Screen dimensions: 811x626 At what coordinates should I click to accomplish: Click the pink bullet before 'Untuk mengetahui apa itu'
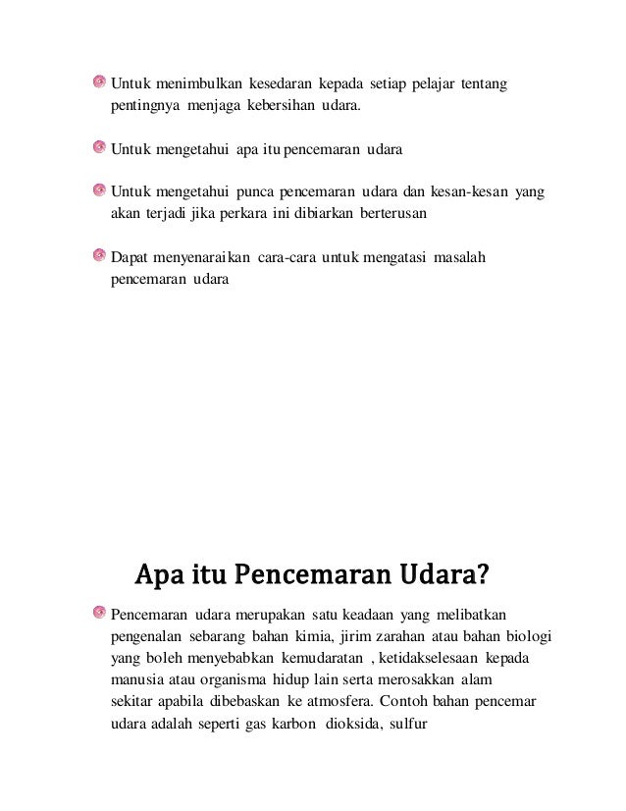(x=99, y=148)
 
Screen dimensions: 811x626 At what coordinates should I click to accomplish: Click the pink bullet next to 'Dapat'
(x=99, y=256)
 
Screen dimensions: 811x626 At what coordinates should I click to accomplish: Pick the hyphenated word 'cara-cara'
(x=287, y=258)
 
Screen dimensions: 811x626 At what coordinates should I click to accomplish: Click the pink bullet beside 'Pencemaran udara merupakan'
(x=99, y=614)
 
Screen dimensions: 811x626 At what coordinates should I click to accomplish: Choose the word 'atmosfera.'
(x=336, y=702)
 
